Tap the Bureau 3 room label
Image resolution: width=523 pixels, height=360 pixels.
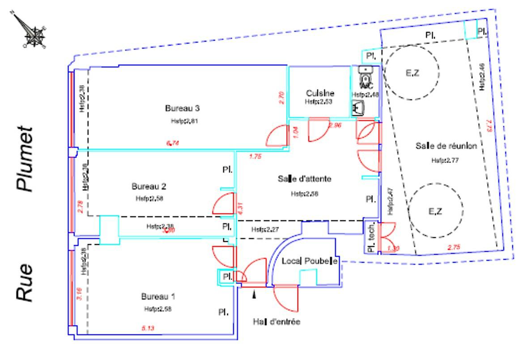click(182, 108)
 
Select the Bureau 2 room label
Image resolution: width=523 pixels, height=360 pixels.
click(149, 186)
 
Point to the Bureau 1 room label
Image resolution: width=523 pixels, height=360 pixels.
click(158, 296)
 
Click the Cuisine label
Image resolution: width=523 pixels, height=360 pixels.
click(320, 93)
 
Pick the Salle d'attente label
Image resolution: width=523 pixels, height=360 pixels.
click(304, 179)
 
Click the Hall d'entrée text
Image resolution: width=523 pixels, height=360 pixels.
click(276, 322)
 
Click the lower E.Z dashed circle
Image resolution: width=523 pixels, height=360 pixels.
click(435, 210)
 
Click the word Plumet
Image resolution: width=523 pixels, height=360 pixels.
click(26, 159)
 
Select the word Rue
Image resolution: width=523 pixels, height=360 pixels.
click(26, 282)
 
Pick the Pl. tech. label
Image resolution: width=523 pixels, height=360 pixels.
click(370, 238)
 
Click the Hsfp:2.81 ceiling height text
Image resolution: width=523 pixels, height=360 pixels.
click(182, 121)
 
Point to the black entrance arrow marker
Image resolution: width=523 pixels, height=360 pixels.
click(255, 294)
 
